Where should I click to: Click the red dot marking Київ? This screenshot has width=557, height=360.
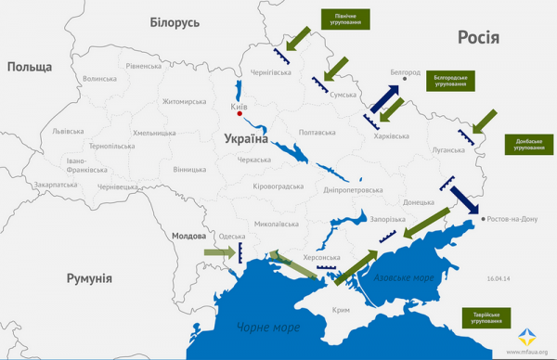240,114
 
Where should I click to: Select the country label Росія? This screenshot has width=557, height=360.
478,37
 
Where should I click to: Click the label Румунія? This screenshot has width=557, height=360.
89,278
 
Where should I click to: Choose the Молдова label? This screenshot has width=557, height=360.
189,237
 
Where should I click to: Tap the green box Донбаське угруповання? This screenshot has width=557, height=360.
529,145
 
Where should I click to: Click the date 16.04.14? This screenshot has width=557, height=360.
499,277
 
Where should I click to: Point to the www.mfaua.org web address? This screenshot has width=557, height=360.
528,352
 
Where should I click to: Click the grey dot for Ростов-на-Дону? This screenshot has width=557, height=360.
483,219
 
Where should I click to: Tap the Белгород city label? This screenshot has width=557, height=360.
406,72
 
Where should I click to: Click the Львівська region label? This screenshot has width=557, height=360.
68,131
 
